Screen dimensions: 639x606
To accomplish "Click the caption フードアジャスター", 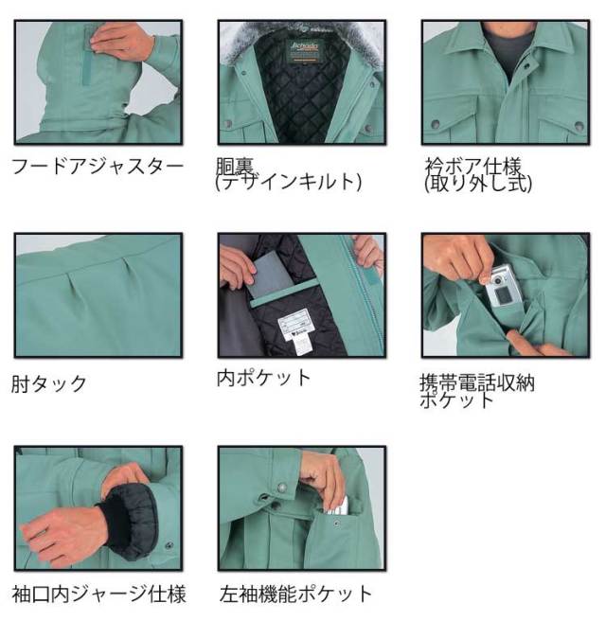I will tap(97, 167).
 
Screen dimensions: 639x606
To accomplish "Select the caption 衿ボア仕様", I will tap(474, 168).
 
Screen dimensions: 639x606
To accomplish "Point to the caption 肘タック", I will tap(48, 383).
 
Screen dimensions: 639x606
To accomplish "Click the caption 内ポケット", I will tap(263, 377).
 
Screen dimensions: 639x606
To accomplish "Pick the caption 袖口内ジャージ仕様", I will tap(98, 594).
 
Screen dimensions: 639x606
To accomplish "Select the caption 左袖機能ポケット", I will tap(294, 594).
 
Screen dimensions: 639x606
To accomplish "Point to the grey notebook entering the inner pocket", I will tap(269, 270).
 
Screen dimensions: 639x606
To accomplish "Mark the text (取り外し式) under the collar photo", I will tap(478, 184).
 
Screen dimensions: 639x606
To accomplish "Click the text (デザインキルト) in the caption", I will tap(289, 184).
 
